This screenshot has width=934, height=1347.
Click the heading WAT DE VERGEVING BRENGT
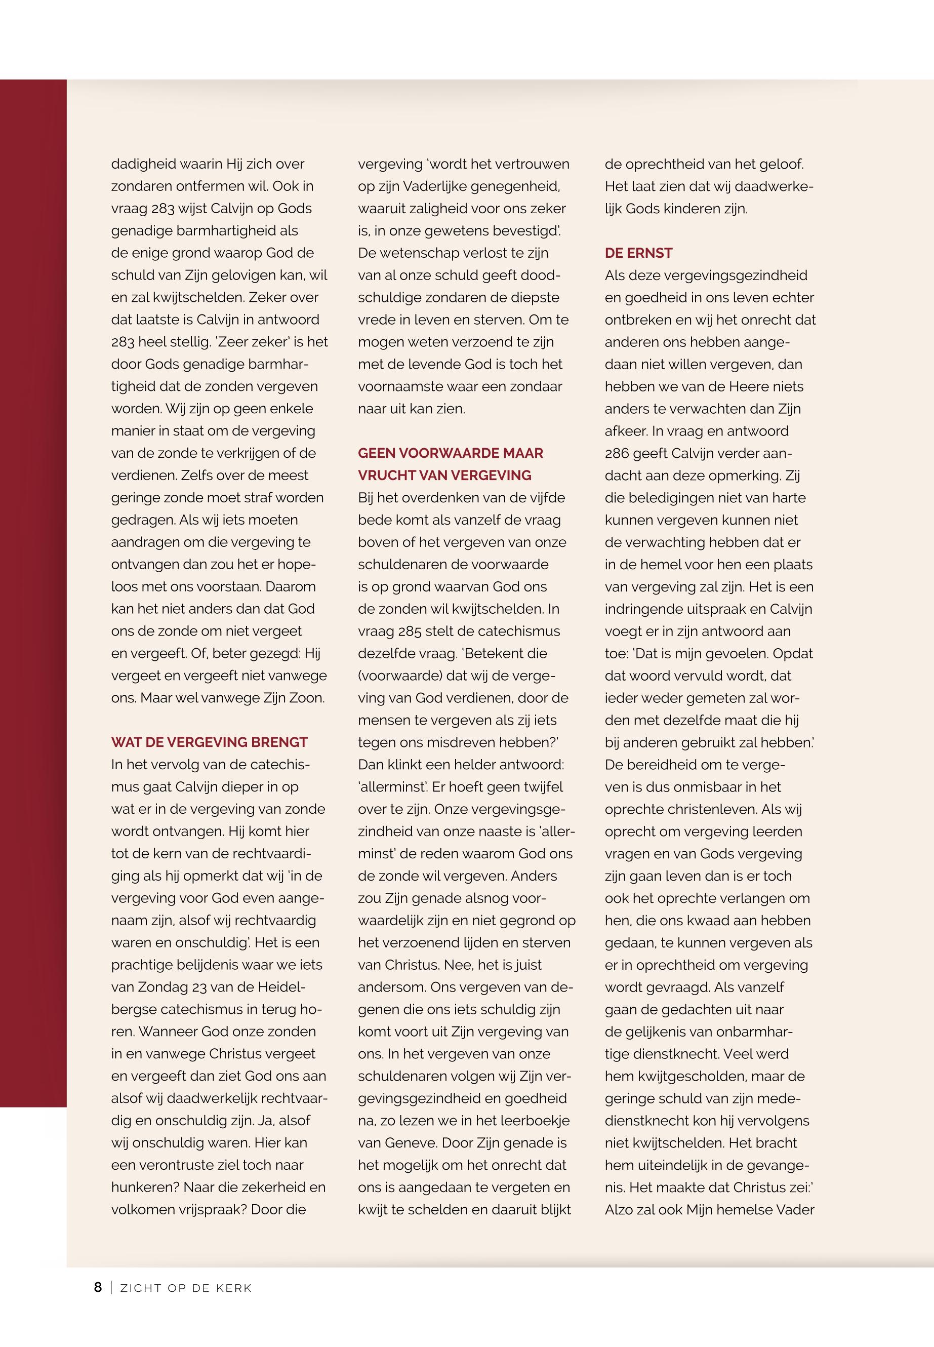[x=209, y=742]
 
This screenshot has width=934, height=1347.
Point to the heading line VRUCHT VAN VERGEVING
[x=444, y=475]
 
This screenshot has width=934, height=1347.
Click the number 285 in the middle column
[x=410, y=631]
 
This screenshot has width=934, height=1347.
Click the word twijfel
[x=538, y=787]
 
